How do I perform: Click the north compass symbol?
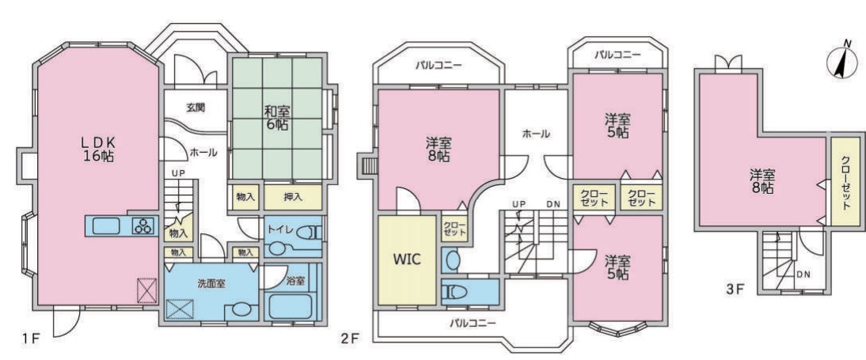841,62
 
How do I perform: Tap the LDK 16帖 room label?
100,149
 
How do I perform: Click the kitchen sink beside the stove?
106,225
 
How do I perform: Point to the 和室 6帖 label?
276,118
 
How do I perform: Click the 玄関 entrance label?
196,108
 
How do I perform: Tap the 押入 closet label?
293,197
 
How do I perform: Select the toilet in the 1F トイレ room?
307,233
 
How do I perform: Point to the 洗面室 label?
211,283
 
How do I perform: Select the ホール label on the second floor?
535,134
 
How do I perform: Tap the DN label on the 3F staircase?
803,274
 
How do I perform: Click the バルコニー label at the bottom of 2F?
473,323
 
